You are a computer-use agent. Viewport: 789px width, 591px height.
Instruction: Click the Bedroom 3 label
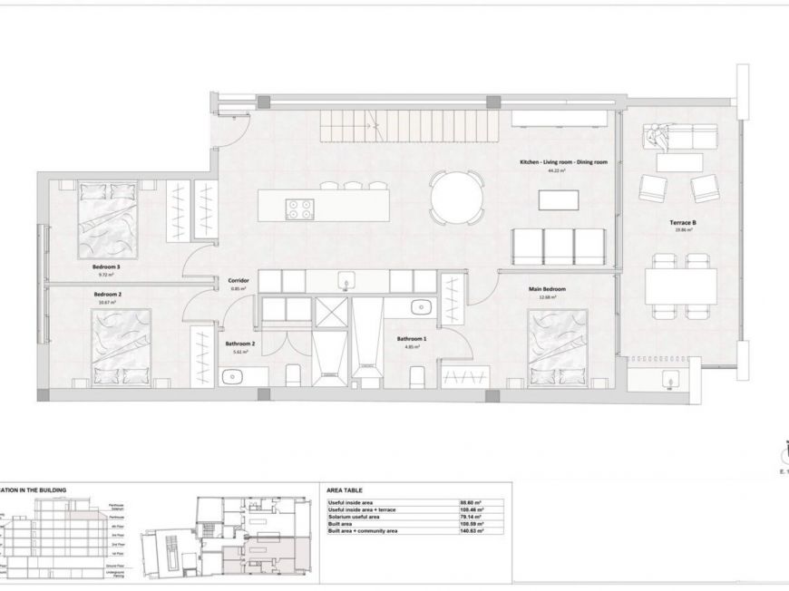point(106,266)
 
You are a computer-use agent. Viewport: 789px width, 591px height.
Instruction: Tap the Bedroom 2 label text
point(107,295)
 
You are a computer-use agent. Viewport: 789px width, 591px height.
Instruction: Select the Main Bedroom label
point(542,290)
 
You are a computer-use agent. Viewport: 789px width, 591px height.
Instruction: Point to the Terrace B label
point(681,222)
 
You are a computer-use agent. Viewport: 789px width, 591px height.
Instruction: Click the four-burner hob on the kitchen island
point(297,208)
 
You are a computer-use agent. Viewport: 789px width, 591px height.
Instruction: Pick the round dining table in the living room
point(456,198)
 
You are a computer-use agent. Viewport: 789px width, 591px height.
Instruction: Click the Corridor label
point(239,281)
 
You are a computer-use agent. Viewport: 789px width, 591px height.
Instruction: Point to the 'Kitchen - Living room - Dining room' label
point(562,161)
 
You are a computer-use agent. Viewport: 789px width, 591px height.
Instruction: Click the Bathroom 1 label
point(410,339)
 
